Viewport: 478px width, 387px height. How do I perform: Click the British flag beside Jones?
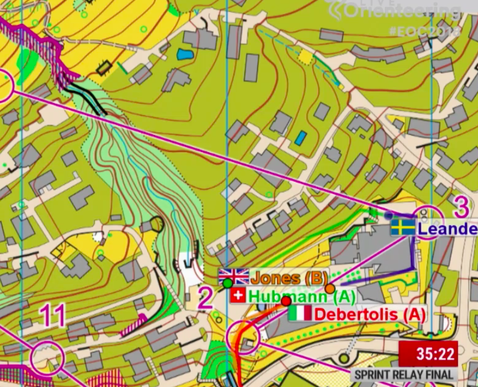click(233, 276)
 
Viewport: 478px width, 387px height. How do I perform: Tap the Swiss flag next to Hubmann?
click(237, 295)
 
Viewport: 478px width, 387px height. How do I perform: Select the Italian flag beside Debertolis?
click(300, 313)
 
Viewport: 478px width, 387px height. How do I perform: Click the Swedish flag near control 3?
click(403, 227)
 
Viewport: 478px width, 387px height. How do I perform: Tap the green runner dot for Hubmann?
click(227, 284)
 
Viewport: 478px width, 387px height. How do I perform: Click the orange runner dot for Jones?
click(330, 288)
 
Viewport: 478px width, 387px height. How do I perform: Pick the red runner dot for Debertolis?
click(286, 301)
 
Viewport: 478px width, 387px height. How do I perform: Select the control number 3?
click(461, 207)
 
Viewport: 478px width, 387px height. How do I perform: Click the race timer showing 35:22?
click(428, 354)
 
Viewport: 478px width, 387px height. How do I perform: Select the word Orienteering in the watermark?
click(401, 11)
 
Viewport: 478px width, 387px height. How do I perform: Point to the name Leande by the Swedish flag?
click(447, 229)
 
